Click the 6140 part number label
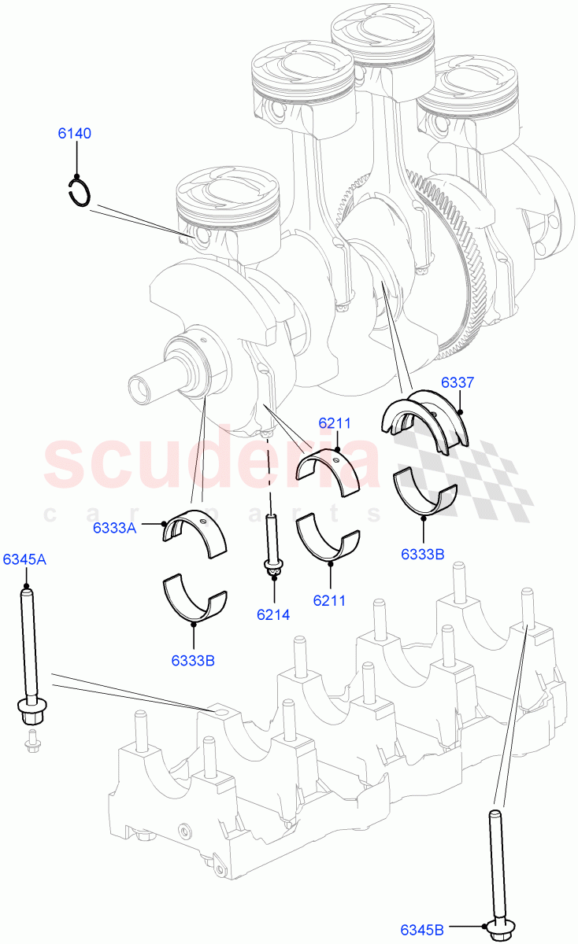click(74, 134)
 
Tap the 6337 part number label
click(457, 383)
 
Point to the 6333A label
click(114, 528)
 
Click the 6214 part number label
click(273, 615)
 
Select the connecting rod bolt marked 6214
click(272, 543)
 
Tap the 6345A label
click(24, 560)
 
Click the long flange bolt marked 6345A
click(28, 653)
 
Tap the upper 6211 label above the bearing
click(335, 423)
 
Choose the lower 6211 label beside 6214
click(330, 600)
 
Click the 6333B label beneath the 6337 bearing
click(422, 554)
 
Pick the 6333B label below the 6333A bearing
click(193, 661)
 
